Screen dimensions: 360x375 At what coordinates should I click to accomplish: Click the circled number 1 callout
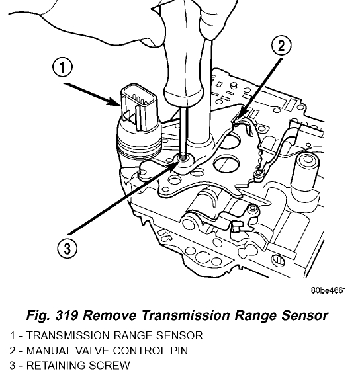62,67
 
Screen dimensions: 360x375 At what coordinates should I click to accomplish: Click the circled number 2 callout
281,45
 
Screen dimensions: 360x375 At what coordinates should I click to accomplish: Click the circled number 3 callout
67,248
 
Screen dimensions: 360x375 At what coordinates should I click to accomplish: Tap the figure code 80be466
327,290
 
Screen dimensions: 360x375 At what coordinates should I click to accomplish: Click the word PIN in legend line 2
179,351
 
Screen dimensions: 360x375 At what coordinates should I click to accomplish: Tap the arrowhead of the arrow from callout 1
114,101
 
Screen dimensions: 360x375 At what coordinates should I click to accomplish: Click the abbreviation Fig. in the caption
38,315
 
